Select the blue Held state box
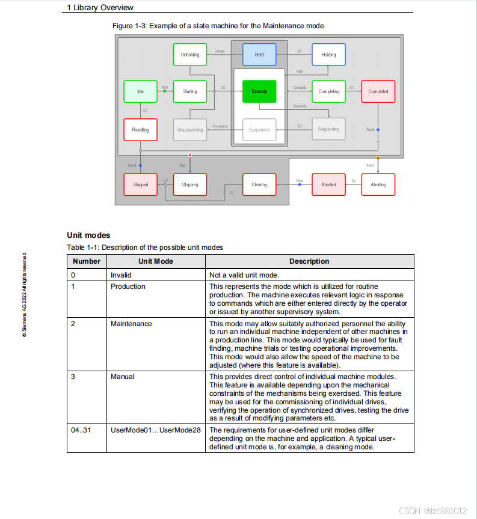[x=259, y=55]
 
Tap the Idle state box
[x=140, y=91]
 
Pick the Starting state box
[x=190, y=91]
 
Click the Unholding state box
[x=190, y=55]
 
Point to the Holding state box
[x=328, y=55]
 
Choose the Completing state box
[x=328, y=91]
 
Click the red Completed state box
[x=378, y=91]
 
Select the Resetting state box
[x=140, y=130]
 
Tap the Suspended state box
[x=259, y=130]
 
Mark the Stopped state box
[x=140, y=184]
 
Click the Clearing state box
[x=259, y=184]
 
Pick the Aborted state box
[x=328, y=184]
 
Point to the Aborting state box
[x=378, y=184]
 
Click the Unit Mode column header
[x=156, y=261]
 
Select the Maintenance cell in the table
[x=131, y=324]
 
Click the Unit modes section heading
[x=88, y=235]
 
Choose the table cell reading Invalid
[x=121, y=275]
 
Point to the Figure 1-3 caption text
[x=218, y=26]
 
